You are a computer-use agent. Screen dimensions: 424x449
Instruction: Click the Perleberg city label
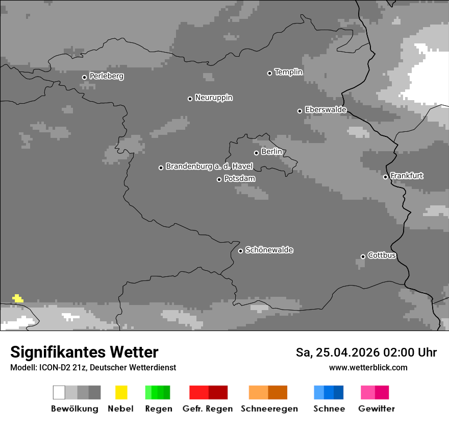click(106, 76)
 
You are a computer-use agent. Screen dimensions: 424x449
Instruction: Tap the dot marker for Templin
click(269, 73)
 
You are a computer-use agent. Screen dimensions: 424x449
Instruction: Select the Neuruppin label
click(213, 98)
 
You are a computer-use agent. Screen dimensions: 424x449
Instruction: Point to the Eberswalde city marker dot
click(300, 111)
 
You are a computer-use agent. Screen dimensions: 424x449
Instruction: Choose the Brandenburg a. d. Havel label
click(209, 167)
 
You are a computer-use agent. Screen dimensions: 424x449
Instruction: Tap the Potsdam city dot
click(219, 179)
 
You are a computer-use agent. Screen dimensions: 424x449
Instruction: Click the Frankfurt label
click(407, 176)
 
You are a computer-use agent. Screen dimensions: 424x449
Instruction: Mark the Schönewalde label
click(269, 250)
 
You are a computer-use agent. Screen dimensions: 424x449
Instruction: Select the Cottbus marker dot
click(363, 256)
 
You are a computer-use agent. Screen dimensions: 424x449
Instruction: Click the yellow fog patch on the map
click(18, 298)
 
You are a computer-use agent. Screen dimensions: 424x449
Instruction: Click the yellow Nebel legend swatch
click(121, 392)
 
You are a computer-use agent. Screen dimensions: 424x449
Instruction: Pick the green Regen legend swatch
click(158, 392)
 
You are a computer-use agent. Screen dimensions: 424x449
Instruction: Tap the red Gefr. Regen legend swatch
click(208, 392)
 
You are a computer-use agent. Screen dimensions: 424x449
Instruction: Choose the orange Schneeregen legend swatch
click(268, 392)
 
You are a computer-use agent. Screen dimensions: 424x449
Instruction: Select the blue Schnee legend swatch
click(329, 392)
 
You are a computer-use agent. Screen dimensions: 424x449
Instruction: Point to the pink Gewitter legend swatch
click(375, 392)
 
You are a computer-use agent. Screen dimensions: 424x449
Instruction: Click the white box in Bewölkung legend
click(59, 392)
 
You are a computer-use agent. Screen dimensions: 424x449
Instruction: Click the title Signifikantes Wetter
click(84, 352)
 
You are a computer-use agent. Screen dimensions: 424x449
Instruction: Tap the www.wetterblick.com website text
click(368, 368)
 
